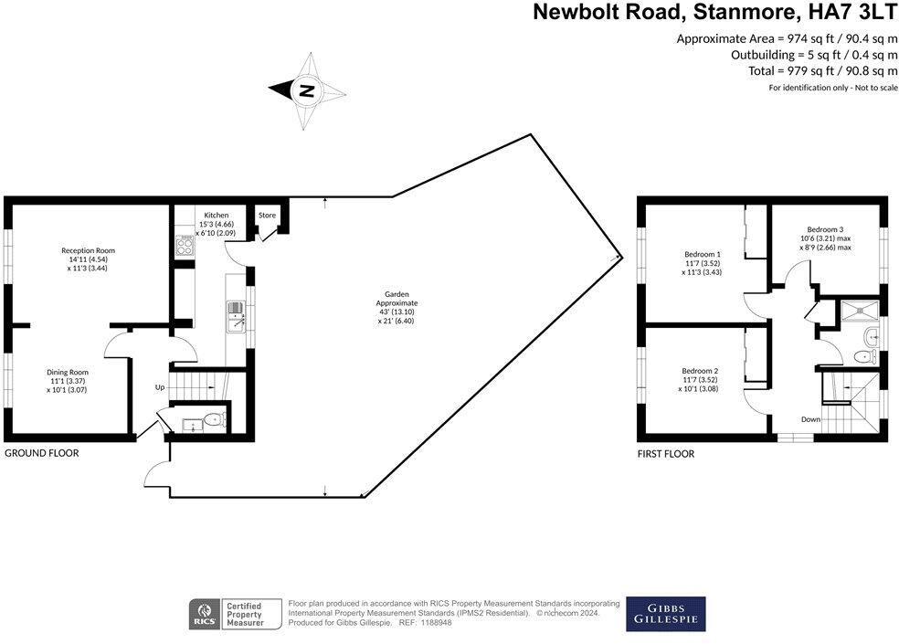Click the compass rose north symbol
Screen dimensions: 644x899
click(x=307, y=90)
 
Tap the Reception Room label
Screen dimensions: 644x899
click(x=88, y=250)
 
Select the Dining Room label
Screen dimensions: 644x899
click(x=69, y=372)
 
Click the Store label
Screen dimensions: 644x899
click(x=267, y=216)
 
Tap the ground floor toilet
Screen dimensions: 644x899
click(x=212, y=420)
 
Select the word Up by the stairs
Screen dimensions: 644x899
click(x=160, y=387)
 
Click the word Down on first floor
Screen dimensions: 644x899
click(x=810, y=419)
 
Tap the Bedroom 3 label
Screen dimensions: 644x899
click(x=825, y=228)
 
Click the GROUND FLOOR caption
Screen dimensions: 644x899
click(x=42, y=453)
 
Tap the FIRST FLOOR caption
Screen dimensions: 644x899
click(x=665, y=454)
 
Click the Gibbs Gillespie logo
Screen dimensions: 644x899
click(x=665, y=614)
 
